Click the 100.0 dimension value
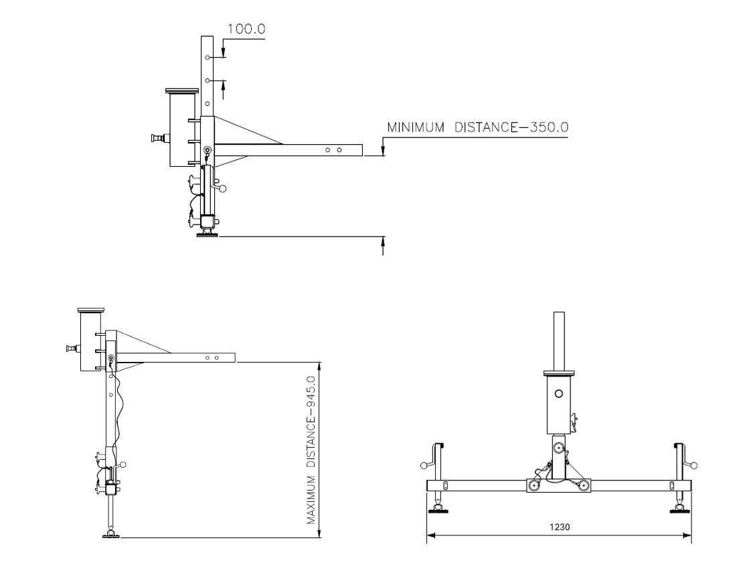[246, 29]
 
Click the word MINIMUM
[416, 127]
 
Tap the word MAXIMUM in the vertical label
[311, 500]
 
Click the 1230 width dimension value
[560, 527]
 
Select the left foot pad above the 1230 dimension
[438, 511]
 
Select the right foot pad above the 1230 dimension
[679, 511]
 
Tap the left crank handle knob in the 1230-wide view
[424, 465]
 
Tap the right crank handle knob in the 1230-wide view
[694, 465]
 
